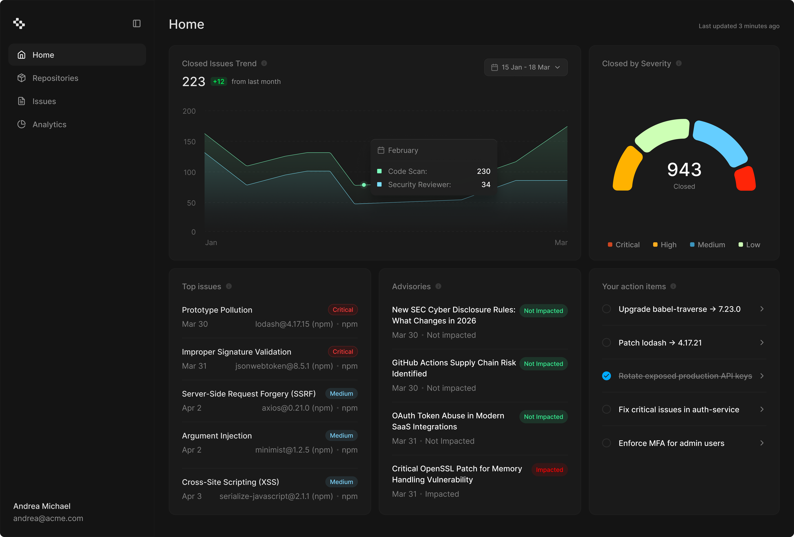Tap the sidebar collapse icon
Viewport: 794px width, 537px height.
point(137,24)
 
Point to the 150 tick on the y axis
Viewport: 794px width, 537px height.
point(190,142)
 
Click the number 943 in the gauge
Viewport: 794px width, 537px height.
point(684,170)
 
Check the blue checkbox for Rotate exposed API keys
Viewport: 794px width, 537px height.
point(606,376)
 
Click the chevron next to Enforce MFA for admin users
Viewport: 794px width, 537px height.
point(762,443)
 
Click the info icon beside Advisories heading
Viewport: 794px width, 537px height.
point(438,286)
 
